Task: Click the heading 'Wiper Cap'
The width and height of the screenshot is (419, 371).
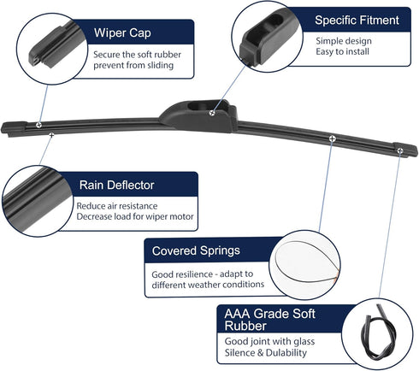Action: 122,33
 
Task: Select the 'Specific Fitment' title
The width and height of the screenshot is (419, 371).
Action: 357,21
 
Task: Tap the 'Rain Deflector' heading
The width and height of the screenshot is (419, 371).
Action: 116,185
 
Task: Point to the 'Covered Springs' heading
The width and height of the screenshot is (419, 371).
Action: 196,251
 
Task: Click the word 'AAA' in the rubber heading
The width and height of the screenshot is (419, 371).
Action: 237,314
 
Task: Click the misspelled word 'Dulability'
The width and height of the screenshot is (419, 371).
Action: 286,353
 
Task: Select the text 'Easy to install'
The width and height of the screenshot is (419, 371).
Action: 342,51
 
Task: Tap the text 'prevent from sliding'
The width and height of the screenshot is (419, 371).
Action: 133,65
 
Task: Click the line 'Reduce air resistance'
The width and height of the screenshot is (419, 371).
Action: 117,206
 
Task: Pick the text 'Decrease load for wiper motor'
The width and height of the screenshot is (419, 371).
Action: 135,216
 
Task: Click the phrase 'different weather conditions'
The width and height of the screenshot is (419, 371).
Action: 208,285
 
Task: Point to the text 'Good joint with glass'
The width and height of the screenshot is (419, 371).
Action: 269,341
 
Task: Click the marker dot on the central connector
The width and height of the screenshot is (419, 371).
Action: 212,113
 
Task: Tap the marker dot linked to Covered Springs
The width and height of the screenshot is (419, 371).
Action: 332,138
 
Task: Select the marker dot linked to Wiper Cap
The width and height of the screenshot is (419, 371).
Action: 38,125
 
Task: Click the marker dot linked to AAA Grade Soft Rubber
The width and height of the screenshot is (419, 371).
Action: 400,150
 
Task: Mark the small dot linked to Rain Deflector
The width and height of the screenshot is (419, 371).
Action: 51,134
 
